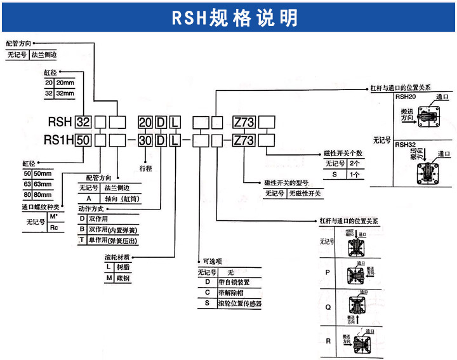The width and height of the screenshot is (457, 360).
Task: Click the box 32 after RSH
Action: [x=83, y=122]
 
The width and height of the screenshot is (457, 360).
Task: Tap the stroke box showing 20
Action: [x=145, y=122]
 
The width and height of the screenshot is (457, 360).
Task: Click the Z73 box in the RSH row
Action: [x=244, y=122]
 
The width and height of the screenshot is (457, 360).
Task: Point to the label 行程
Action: [x=146, y=170]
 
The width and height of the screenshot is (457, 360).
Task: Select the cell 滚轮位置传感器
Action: [x=239, y=304]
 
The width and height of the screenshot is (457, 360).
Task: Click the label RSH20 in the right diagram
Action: [x=406, y=97]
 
